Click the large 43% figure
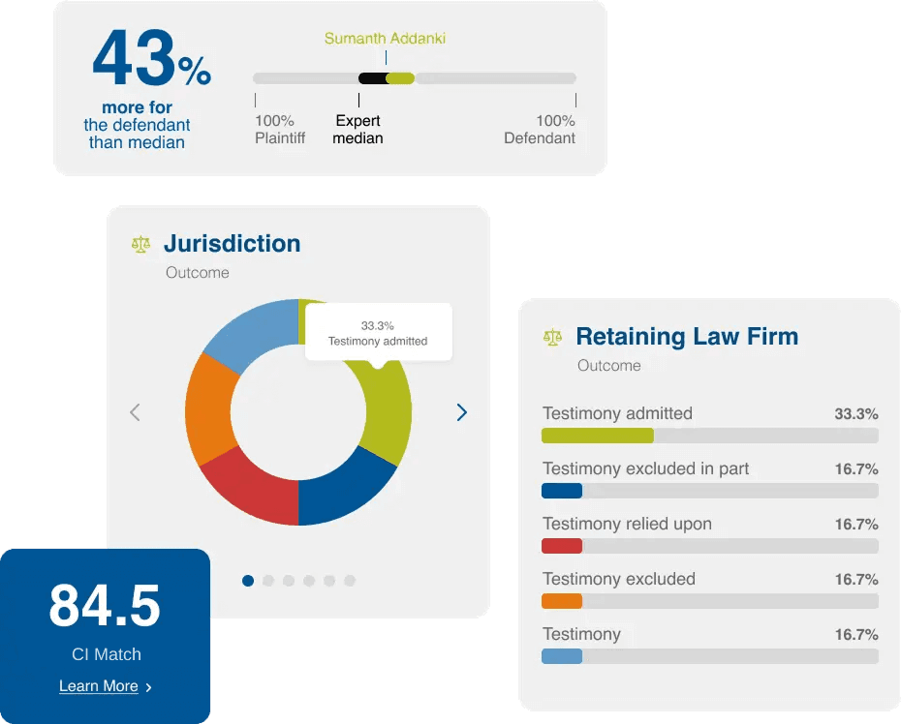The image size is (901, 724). click(x=151, y=61)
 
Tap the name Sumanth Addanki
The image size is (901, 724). click(x=385, y=39)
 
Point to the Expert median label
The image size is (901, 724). click(x=358, y=130)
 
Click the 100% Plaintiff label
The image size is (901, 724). click(x=279, y=130)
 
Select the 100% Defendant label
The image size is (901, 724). click(x=540, y=130)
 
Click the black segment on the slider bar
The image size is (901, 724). click(x=371, y=78)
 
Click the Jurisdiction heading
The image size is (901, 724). click(x=232, y=243)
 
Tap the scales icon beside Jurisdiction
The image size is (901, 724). click(x=141, y=244)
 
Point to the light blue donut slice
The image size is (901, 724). click(x=247, y=334)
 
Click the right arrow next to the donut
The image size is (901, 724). click(x=461, y=412)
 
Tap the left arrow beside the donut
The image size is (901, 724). click(x=135, y=412)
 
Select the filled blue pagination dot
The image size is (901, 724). click(x=248, y=581)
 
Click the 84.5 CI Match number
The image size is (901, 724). click(x=105, y=607)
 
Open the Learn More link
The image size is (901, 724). click(x=99, y=686)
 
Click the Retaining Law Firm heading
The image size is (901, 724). click(x=687, y=337)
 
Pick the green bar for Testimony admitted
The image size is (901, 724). click(x=597, y=436)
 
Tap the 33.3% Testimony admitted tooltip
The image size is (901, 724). click(x=378, y=333)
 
